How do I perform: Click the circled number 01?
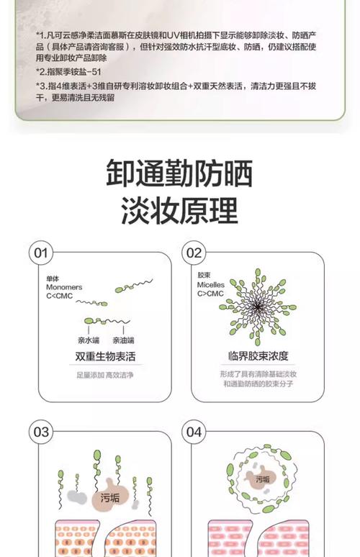tap(41, 253)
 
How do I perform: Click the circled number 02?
tap(194, 253)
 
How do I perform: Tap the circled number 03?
tap(41, 432)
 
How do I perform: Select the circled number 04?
tap(194, 432)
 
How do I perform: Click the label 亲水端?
tap(89, 340)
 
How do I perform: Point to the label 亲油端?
tap(123, 340)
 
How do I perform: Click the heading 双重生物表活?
tap(105, 356)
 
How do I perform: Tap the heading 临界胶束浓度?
tap(258, 356)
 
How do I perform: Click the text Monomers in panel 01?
tap(64, 287)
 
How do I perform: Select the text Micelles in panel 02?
tap(211, 284)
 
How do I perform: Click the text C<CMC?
tap(59, 296)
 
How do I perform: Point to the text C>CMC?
tap(210, 294)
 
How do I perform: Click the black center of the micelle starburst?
tap(258, 307)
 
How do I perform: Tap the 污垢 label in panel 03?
tap(110, 498)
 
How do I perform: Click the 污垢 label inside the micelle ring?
tap(263, 479)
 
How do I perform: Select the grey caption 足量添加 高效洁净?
tap(105, 375)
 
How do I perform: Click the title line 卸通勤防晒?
tap(180, 173)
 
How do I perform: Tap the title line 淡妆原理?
tap(180, 210)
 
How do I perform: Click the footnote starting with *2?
tap(68, 72)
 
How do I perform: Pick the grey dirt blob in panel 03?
tap(76, 497)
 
